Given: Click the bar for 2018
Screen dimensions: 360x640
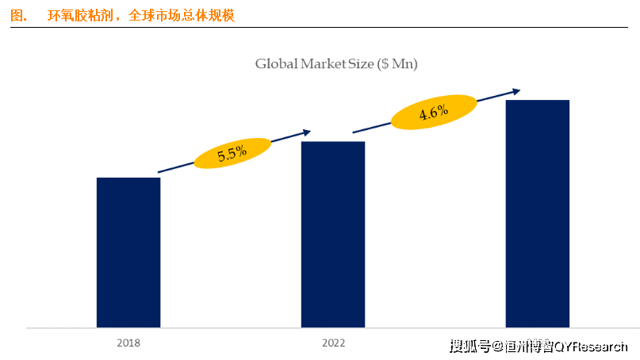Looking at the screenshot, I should click(x=128, y=252).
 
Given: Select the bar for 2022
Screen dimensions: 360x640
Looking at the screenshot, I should click(x=333, y=234).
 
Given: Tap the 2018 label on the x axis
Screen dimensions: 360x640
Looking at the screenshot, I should click(x=128, y=343).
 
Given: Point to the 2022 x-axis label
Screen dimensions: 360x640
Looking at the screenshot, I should click(x=333, y=343).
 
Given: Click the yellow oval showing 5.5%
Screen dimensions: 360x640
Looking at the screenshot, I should click(x=232, y=151).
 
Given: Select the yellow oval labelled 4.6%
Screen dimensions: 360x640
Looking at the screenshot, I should click(x=434, y=113).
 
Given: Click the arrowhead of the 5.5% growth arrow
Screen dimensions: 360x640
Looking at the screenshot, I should click(x=307, y=132).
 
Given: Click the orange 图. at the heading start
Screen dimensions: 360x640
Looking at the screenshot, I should click(x=19, y=15).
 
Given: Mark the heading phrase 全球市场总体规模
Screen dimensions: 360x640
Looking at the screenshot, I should click(x=181, y=15).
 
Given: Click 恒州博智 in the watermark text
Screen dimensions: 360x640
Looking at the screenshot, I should click(x=528, y=346).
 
